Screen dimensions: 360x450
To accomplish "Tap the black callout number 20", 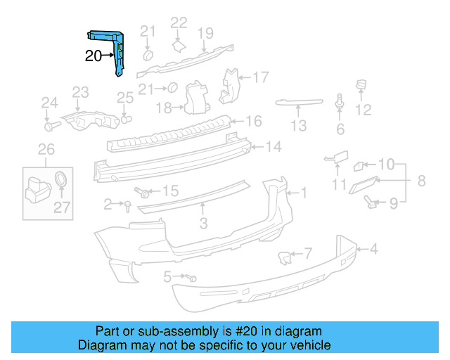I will pos(94,56).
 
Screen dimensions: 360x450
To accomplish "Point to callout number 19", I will pos(205,32).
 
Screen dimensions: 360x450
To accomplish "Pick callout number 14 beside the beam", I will pos(274,147).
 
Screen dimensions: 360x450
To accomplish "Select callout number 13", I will pos(299,126).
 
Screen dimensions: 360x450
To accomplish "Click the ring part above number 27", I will pos(62,177).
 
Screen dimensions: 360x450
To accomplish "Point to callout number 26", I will pos(45,149).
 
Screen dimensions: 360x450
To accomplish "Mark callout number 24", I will pos(48,103).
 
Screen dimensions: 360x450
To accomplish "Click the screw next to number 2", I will pos(128,205).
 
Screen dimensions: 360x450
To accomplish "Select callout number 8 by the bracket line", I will pos(421,181).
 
